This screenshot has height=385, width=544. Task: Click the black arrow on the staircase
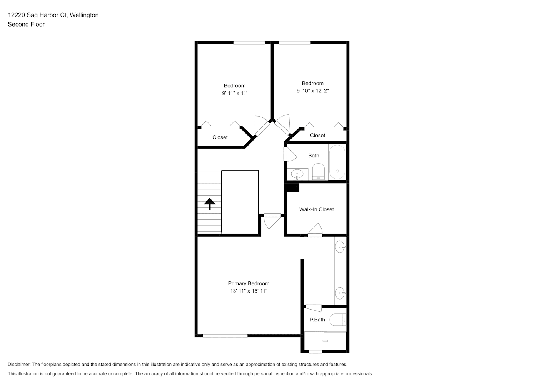pyautogui.click(x=209, y=204)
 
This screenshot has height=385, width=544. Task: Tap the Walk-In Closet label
pyautogui.click(x=316, y=209)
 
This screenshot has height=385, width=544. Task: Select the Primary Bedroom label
pyautogui.click(x=249, y=283)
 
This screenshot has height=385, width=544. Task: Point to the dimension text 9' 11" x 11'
pyautogui.click(x=235, y=93)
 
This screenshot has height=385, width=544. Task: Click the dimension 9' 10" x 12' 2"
pyautogui.click(x=312, y=90)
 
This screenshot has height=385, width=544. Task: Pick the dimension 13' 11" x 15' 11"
pyautogui.click(x=249, y=291)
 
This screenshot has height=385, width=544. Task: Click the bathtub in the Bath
pyautogui.click(x=337, y=162)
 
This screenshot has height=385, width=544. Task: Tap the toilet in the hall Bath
pyautogui.click(x=319, y=172)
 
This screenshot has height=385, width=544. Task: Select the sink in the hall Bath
pyautogui.click(x=297, y=174)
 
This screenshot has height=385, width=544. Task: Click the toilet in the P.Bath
pyautogui.click(x=337, y=320)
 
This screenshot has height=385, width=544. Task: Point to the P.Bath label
pyautogui.click(x=317, y=320)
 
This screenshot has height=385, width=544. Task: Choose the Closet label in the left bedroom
pyautogui.click(x=220, y=137)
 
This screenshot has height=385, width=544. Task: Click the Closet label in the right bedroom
pyautogui.click(x=317, y=136)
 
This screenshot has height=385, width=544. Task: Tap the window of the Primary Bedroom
pyautogui.click(x=225, y=336)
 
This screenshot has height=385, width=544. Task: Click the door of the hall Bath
pyautogui.click(x=290, y=154)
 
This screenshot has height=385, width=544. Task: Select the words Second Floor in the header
pyautogui.click(x=26, y=24)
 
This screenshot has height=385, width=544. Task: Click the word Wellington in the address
pyautogui.click(x=84, y=15)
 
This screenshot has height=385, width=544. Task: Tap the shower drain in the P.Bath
pyautogui.click(x=325, y=341)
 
